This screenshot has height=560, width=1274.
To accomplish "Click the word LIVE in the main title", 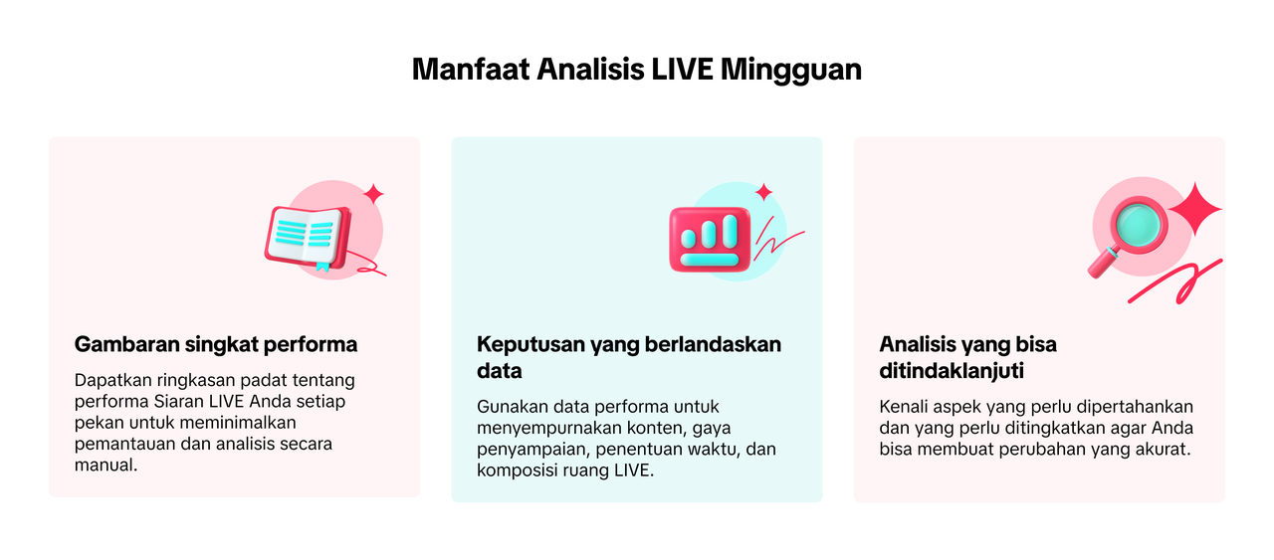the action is pos(682,70).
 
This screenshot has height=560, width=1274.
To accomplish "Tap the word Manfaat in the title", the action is pos(471,70).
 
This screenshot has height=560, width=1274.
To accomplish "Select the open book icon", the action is pos(308,237).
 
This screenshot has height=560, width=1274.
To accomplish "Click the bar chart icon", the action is pos(710,240).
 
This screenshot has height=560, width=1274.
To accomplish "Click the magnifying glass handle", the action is pos(1103,264).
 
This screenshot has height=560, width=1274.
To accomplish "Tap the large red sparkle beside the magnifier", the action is pos(1195,209).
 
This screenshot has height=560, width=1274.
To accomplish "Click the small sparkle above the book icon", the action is pos(373,194).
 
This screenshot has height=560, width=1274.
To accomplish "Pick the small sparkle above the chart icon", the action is pos(763,192).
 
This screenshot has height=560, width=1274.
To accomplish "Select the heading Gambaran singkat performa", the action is pos(216,344).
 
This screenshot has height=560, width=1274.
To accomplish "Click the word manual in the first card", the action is pos(106,466).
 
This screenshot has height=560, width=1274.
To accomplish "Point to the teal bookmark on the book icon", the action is pos(322,267).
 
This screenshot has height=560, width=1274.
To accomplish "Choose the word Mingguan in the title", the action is pos(791,71).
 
